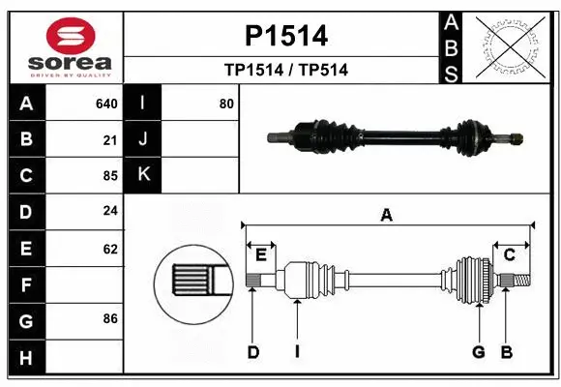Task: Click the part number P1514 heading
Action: tap(285, 36)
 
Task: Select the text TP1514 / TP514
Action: tap(285, 70)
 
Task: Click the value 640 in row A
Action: tap(106, 104)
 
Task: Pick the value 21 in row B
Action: tap(109, 140)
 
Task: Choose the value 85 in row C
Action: tap(109, 176)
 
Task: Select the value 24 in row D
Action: tap(109, 212)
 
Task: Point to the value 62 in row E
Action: tap(109, 249)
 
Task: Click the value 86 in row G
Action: tap(109, 318)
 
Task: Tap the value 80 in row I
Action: tap(226, 104)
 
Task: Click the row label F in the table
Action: tap(26, 284)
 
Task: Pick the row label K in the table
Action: tap(143, 175)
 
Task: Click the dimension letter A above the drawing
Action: tap(387, 216)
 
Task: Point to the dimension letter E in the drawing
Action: tap(261, 253)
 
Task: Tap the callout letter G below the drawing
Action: tap(478, 352)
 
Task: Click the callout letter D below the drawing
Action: tap(252, 352)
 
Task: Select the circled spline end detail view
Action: tap(193, 281)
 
